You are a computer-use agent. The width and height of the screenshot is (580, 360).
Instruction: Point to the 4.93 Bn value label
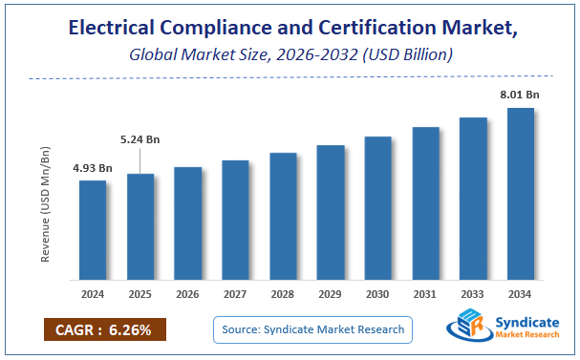tap(93, 169)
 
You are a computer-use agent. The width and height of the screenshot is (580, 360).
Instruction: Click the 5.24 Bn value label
tap(140, 139)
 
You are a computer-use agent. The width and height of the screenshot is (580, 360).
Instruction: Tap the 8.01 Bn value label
tap(521, 95)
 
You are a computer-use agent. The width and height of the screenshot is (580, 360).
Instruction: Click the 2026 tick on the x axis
tap(187, 295)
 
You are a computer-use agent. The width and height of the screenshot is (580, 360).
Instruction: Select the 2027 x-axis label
tap(235, 295)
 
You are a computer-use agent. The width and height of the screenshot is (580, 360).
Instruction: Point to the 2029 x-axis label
tap(331, 295)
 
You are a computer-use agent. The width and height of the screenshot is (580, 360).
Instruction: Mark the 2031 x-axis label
tap(425, 295)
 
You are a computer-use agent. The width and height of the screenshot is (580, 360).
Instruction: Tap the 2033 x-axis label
tap(473, 295)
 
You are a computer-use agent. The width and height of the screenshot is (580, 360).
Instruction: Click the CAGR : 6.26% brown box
tap(104, 330)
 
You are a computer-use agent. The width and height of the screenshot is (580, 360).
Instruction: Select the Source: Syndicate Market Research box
tap(311, 330)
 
